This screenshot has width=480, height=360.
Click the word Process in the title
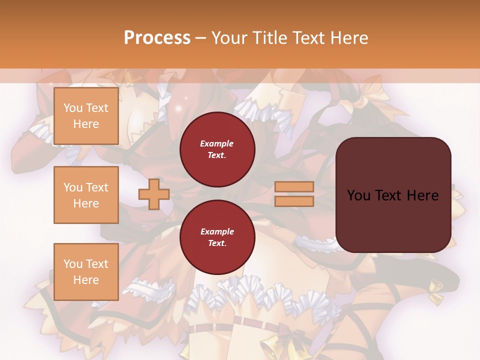point(157,38)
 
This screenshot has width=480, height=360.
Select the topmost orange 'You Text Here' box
point(86,116)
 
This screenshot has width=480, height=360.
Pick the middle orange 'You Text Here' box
point(86,195)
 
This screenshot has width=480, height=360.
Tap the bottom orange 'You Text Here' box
point(86,271)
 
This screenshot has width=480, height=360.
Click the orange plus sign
point(154,194)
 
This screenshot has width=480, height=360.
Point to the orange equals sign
point(294,194)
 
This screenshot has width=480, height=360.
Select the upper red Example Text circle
point(217,149)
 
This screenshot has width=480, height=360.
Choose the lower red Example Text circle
point(217,237)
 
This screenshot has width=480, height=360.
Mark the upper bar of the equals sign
point(294,187)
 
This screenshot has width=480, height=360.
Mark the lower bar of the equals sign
point(294,201)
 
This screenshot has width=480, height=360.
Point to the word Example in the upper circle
point(217,144)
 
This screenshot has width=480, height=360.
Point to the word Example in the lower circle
point(217,232)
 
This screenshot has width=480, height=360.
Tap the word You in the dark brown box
point(358,195)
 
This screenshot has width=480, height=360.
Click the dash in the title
point(201,38)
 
